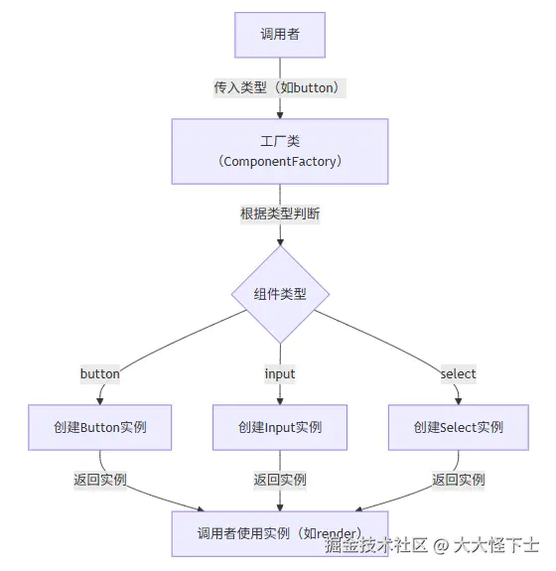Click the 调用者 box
(279, 35)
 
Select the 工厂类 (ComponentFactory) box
(279, 151)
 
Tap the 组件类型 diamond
(279, 294)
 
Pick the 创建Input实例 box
(279, 427)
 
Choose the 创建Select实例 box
(458, 427)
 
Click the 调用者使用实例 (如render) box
(279, 533)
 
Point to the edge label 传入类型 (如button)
(279, 87)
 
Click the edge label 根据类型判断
(279, 214)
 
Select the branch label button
(99, 374)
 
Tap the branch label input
(279, 374)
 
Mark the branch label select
(458, 374)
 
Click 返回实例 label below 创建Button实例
(99, 480)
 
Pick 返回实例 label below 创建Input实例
(279, 480)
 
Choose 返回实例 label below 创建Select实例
(458, 480)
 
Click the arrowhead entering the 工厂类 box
(279, 114)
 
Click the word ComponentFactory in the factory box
(279, 161)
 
